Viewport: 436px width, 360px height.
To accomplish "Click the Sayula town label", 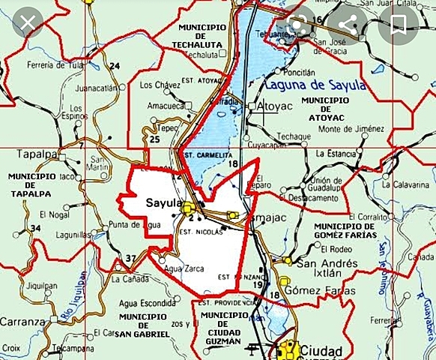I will [x=163, y=203].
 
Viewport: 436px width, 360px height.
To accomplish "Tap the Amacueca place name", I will [x=166, y=106].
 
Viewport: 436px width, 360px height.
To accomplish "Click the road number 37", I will [x=131, y=259].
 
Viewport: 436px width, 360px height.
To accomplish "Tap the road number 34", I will [x=35, y=228].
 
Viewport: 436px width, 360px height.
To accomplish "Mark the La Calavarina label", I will [x=408, y=184].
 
